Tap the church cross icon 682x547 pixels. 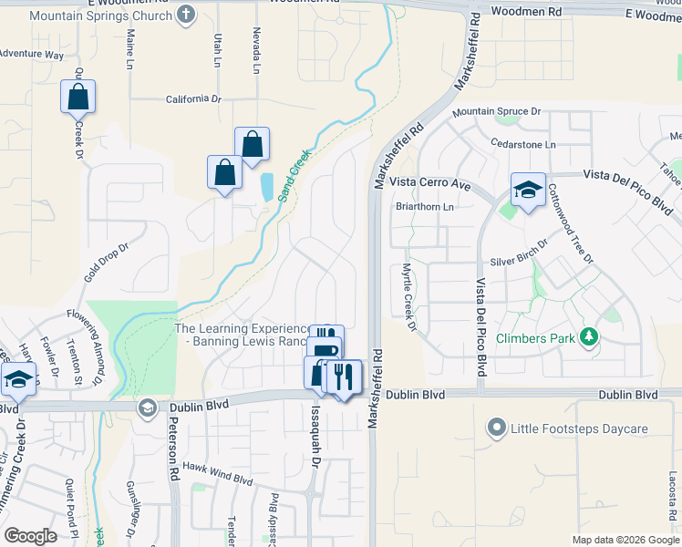(186, 15)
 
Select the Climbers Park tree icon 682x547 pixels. (589, 338)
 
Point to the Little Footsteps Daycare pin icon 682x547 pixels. (496, 428)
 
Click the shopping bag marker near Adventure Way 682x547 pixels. (78, 96)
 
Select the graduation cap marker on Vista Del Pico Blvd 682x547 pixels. (527, 190)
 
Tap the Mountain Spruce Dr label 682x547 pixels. (497, 111)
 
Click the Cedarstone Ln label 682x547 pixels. (522, 144)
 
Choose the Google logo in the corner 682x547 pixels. (31, 535)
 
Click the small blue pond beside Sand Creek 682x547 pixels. (266, 187)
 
